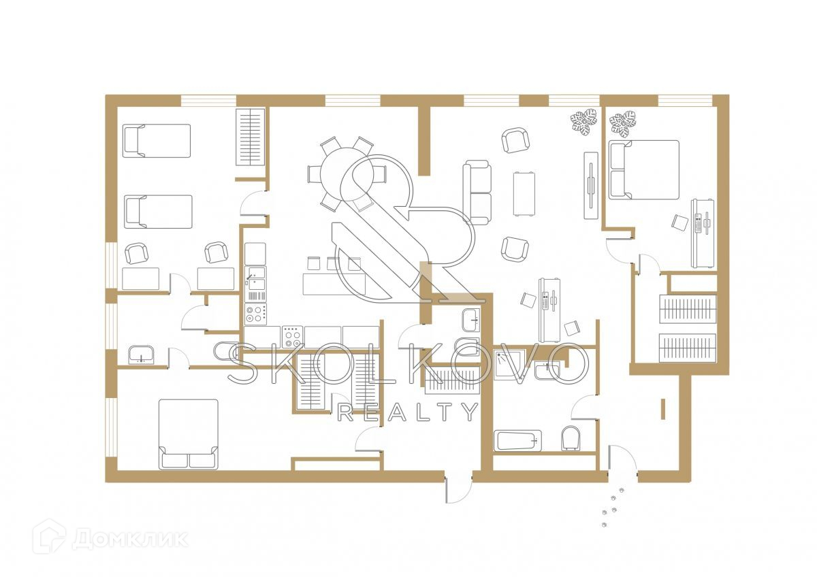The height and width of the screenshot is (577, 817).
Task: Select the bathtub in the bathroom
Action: (x=518, y=441)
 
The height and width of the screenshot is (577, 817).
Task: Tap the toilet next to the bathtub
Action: (x=571, y=439)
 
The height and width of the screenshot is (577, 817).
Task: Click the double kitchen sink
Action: (x=255, y=285)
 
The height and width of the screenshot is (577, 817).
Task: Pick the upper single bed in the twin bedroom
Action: (x=156, y=141)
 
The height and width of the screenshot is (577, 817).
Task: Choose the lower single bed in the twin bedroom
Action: (x=157, y=212)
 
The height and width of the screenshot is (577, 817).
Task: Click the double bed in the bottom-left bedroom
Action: (x=189, y=433)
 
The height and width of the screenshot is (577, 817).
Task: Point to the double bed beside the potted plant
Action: (x=643, y=169)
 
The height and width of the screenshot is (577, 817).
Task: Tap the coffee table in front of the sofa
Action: (x=524, y=193)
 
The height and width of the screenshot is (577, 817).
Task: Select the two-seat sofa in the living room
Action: (x=477, y=193)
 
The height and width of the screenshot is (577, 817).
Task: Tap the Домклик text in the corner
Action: (x=129, y=540)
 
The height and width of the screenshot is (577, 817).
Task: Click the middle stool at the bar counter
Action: (x=334, y=263)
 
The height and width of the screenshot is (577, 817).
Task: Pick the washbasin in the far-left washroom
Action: (x=141, y=355)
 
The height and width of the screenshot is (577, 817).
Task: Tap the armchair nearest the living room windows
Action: (x=515, y=141)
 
